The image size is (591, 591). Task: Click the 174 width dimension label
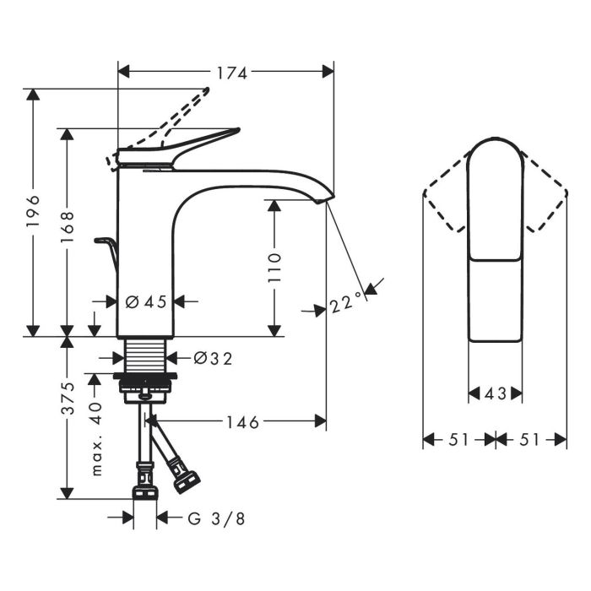[x=232, y=73]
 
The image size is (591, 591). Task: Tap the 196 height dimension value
[x=33, y=211]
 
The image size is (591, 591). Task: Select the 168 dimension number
[x=68, y=227]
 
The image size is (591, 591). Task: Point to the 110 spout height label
[x=274, y=268]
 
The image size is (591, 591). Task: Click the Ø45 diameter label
[x=146, y=301]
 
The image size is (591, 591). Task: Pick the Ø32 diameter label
[x=214, y=359]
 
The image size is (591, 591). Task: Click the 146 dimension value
[x=242, y=422]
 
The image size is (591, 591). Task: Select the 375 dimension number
[x=68, y=398]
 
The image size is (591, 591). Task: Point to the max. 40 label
[x=97, y=439]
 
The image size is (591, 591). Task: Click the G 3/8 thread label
[x=216, y=518]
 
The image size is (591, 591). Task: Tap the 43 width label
[x=496, y=394]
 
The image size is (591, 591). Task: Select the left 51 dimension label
[x=458, y=440]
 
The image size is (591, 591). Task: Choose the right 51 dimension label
[x=529, y=440]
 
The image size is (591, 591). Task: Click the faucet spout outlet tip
[x=324, y=199]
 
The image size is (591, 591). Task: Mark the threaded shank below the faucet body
[x=145, y=355]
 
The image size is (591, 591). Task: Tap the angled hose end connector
[x=185, y=479]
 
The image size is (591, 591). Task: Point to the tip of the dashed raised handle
[x=207, y=89]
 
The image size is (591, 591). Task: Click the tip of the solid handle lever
[x=237, y=130]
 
